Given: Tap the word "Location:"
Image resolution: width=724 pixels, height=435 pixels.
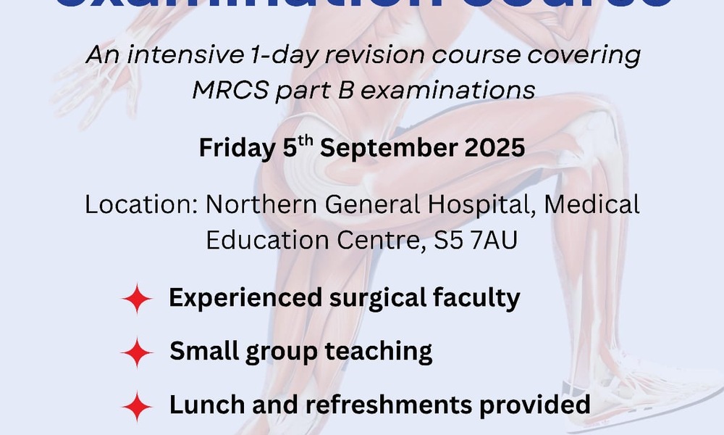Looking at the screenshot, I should (140, 204).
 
